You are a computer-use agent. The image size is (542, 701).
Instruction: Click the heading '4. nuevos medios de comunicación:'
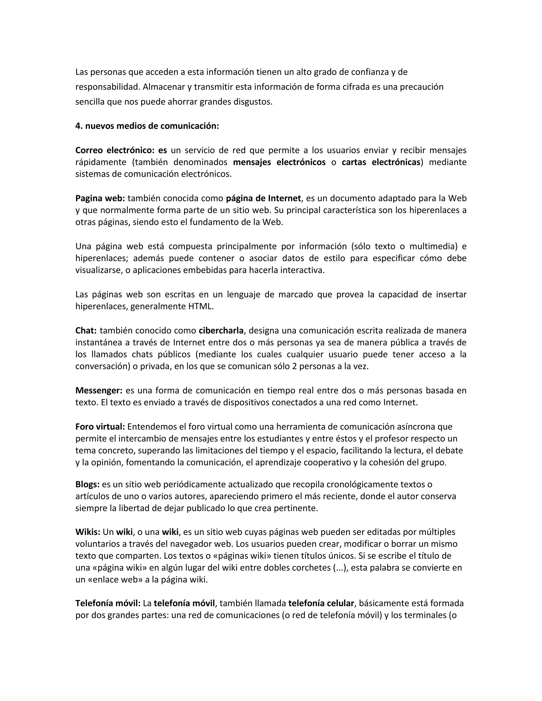tap(147, 126)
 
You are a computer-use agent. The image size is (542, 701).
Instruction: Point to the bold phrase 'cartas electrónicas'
tap(381, 162)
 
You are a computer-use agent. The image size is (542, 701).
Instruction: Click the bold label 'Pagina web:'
tap(100, 198)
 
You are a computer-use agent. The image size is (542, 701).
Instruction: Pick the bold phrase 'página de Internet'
tap(263, 198)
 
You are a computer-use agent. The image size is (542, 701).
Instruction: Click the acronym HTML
tap(200, 306)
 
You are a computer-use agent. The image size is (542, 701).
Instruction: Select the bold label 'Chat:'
tap(86, 330)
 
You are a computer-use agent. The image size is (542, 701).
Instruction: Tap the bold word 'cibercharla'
tap(221, 330)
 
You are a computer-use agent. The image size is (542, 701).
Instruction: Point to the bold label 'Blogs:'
tap(87, 484)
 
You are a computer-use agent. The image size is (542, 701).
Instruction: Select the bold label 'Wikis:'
tap(88, 532)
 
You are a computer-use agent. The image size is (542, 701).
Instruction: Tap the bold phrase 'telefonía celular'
tap(321, 603)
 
